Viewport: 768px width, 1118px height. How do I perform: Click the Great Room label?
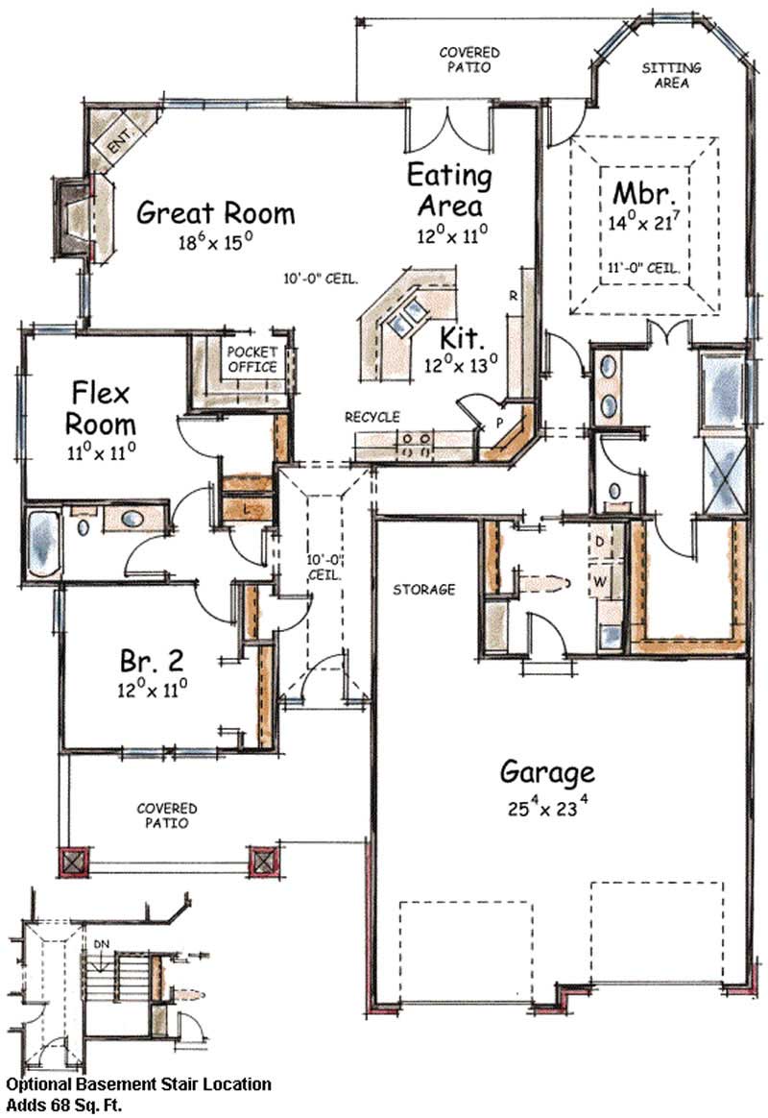click(215, 212)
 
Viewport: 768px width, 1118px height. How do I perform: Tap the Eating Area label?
click(449, 190)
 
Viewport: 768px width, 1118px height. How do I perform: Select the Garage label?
click(547, 771)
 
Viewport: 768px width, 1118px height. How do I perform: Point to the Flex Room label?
click(101, 408)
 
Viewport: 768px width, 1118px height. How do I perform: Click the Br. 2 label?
click(151, 661)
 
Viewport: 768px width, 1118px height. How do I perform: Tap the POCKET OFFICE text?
click(252, 359)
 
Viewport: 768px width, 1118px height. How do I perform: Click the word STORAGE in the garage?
click(424, 590)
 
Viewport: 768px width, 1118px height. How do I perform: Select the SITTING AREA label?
click(671, 76)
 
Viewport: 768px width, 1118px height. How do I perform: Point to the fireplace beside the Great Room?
click(75, 217)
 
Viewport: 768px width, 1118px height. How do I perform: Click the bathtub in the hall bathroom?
click(44, 542)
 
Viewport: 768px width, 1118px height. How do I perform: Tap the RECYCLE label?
click(372, 417)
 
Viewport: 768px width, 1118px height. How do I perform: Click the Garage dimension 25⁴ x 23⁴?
click(547, 808)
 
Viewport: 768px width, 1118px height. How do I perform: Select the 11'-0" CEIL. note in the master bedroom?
click(643, 268)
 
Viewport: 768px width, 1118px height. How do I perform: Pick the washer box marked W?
click(601, 582)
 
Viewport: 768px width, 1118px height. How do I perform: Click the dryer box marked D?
click(600, 542)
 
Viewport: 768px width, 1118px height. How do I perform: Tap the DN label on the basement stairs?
click(102, 943)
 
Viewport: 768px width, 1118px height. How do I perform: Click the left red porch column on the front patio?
click(73, 862)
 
